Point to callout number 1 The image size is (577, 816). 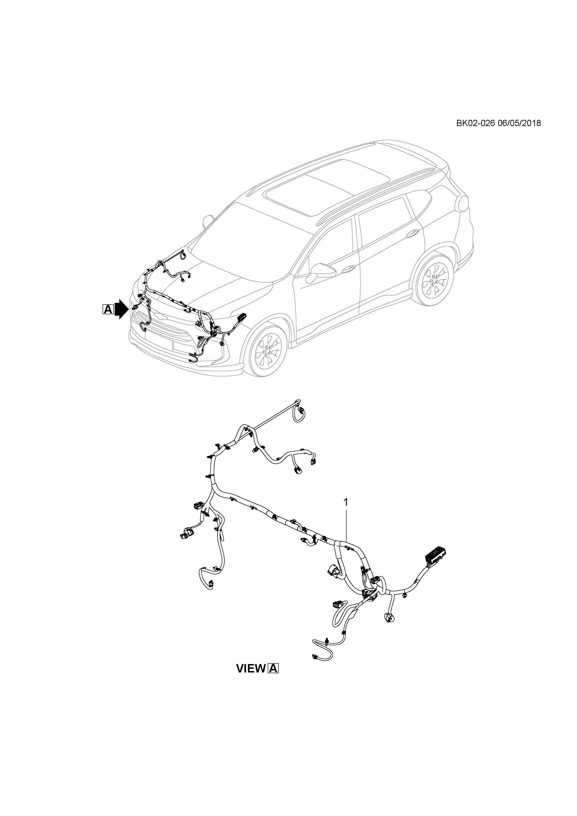pos(346,502)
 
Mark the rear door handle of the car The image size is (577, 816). pos(412,234)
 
